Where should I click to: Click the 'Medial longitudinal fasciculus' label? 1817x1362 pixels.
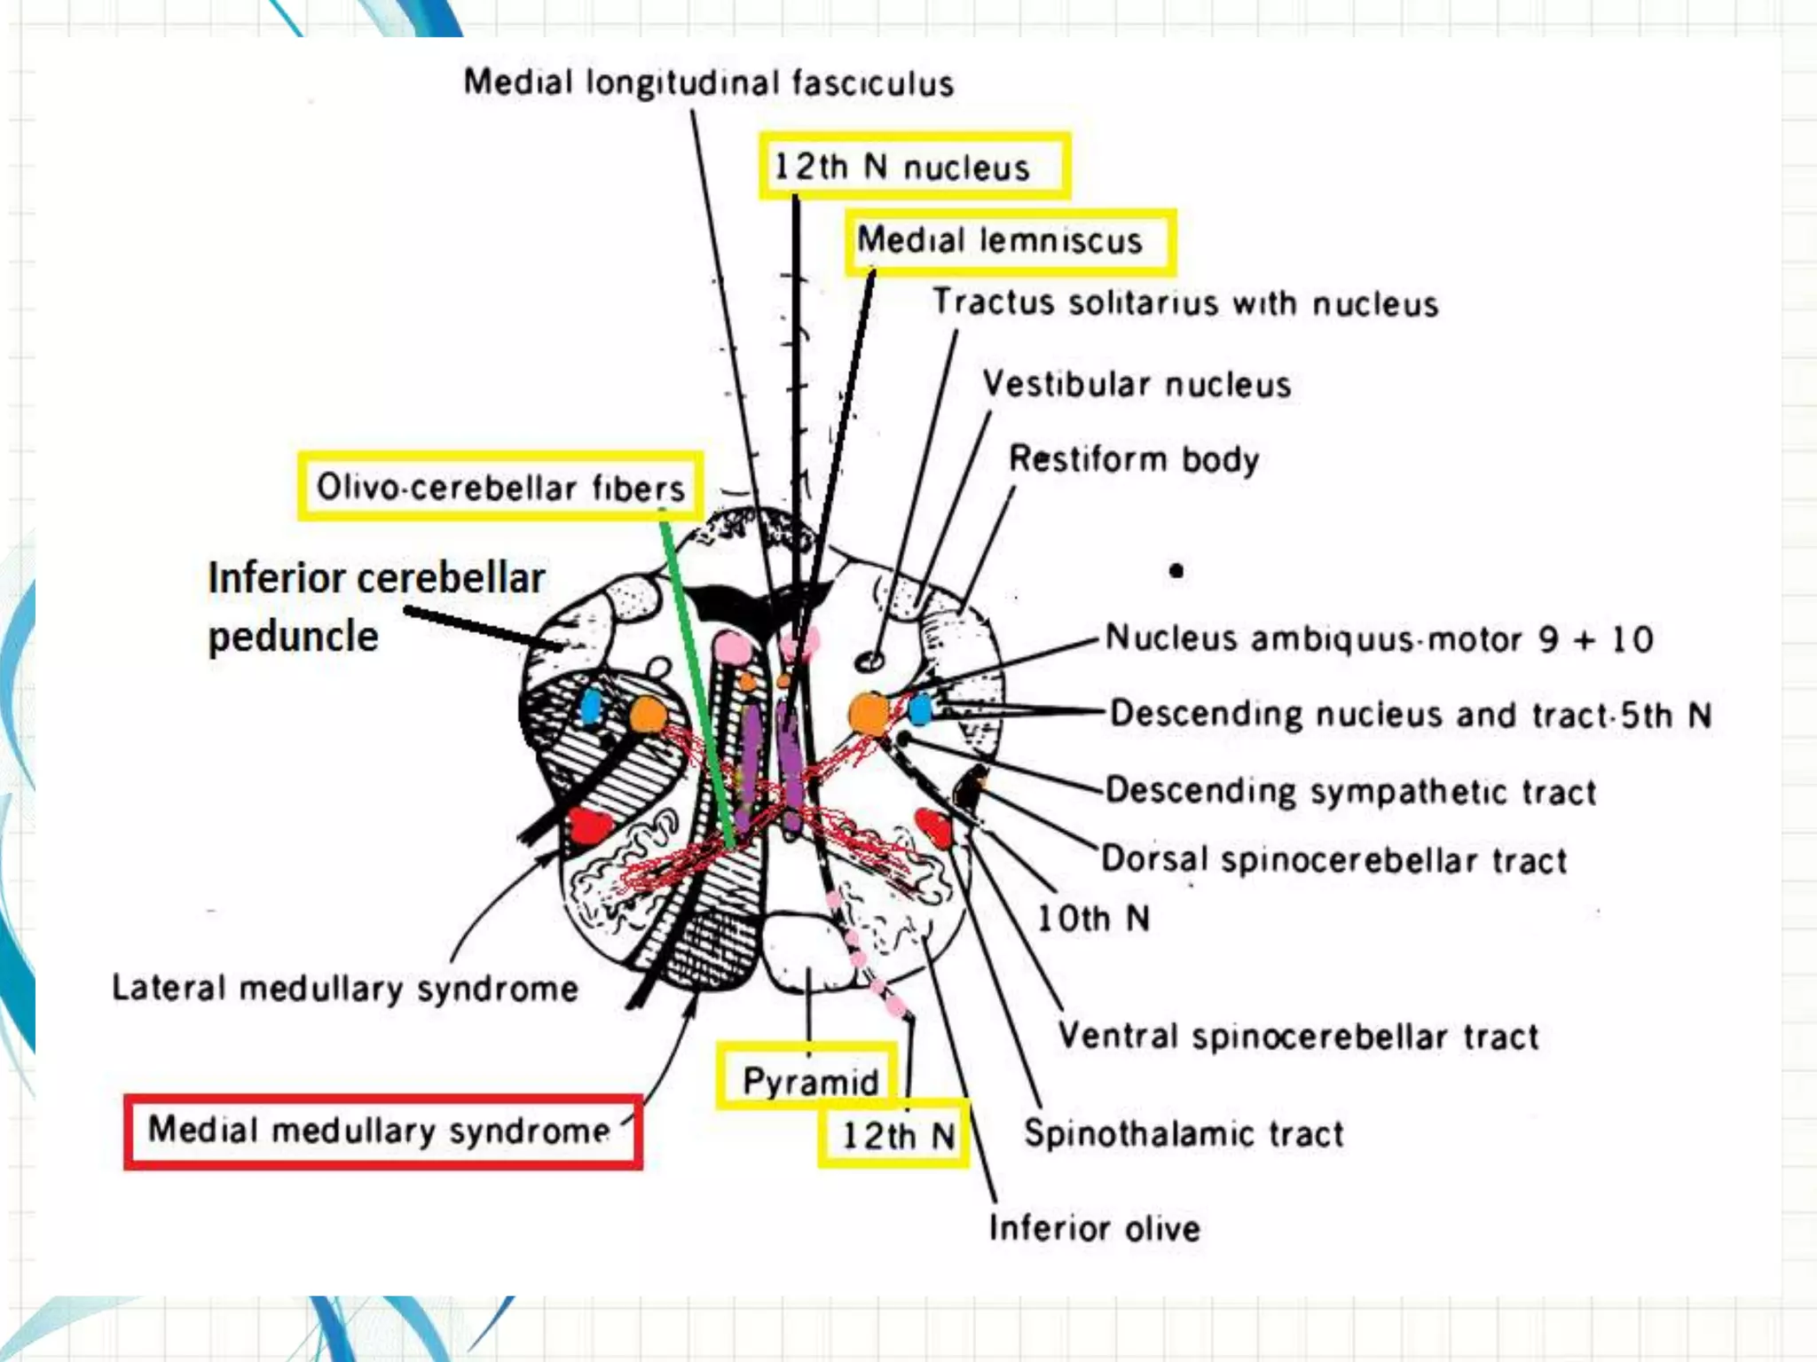(708, 83)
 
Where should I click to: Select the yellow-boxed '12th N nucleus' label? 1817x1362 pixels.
(914, 167)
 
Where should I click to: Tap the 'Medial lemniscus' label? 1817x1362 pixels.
(1010, 241)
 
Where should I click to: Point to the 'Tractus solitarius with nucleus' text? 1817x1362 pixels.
(1184, 303)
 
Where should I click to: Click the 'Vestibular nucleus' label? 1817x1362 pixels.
(1137, 385)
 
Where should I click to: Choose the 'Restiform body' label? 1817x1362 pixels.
(1134, 459)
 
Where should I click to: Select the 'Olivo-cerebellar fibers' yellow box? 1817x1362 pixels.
(500, 487)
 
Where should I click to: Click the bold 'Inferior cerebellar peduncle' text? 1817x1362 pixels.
(376, 607)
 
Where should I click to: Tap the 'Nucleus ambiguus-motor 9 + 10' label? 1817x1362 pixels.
(1379, 638)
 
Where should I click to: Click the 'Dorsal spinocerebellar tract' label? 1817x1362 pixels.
(1333, 860)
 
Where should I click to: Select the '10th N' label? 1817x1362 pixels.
(1093, 919)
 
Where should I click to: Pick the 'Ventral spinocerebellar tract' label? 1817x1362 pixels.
(1298, 1036)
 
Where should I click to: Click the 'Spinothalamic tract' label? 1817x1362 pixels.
(1184, 1134)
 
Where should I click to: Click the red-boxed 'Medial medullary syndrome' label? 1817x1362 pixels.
(382, 1131)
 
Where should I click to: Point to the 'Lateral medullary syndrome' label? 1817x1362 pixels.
(345, 989)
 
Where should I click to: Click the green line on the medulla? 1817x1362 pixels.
(696, 683)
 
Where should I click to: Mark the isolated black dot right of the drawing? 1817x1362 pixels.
(1176, 571)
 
